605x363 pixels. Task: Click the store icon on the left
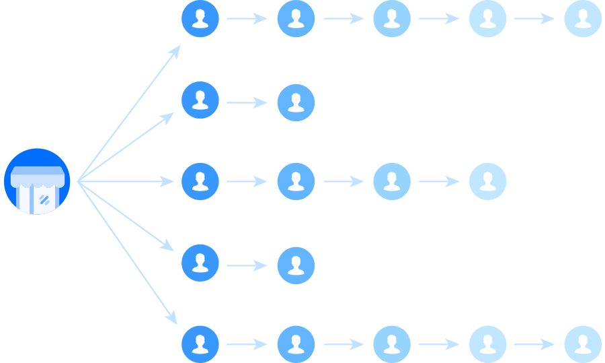point(37,181)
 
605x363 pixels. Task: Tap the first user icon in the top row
point(200,18)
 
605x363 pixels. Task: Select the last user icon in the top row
point(582,18)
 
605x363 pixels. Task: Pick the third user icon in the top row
point(392,18)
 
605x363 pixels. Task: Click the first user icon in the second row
point(200,100)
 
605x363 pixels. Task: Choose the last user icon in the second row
point(296,102)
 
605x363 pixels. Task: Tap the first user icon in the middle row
point(200,181)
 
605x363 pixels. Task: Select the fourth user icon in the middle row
point(487,181)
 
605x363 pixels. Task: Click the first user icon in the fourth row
point(200,263)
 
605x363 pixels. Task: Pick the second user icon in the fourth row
point(296,265)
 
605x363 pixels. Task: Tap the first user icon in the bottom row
point(200,344)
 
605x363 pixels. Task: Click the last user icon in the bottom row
point(582,344)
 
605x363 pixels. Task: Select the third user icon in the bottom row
point(392,344)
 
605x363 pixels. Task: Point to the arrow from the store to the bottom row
point(128,253)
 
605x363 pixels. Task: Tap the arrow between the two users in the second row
point(247,102)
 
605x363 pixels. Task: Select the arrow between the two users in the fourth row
point(247,265)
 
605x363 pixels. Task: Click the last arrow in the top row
point(534,18)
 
